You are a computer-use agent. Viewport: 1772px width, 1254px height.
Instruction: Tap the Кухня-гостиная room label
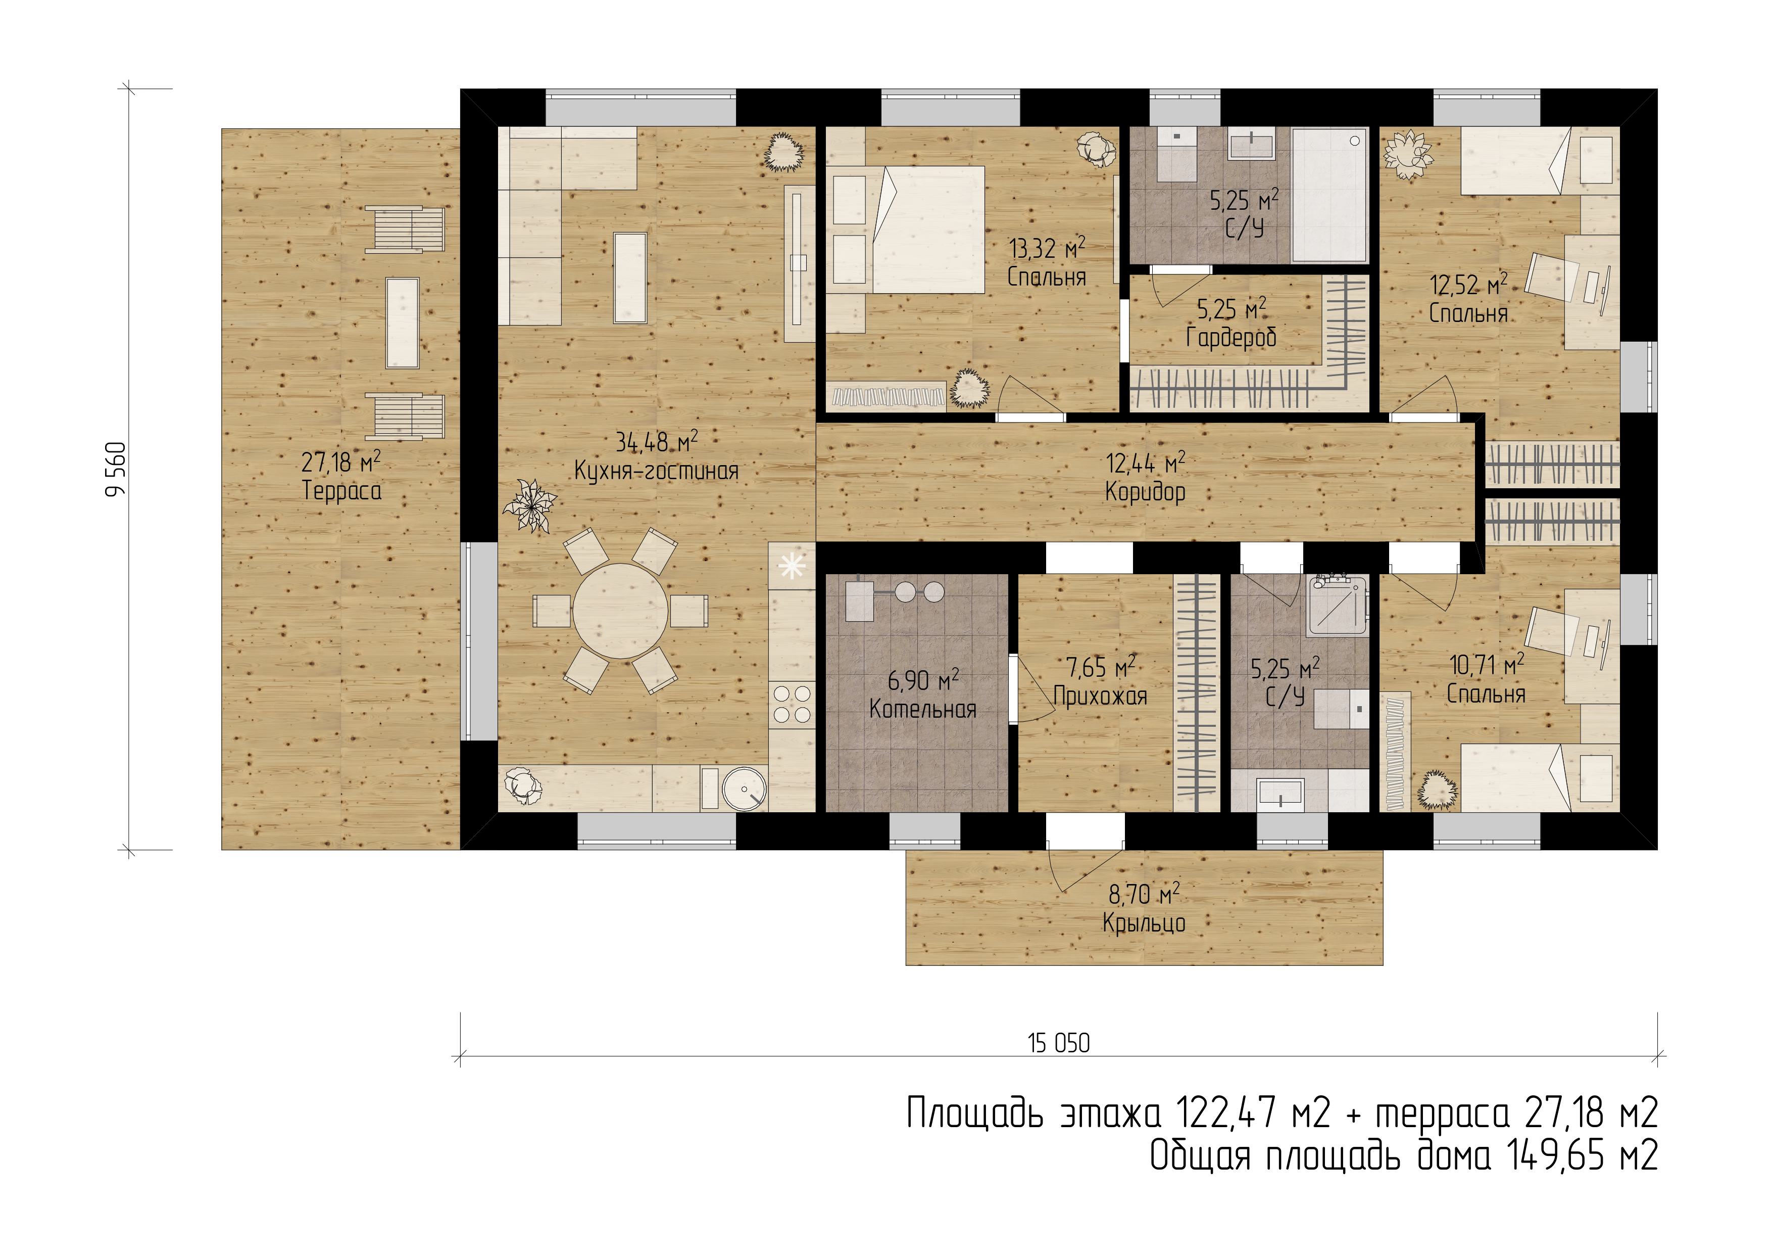(x=656, y=471)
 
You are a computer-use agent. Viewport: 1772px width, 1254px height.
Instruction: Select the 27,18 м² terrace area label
(x=340, y=462)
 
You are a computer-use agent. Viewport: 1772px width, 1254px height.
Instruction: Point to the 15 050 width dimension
(x=1059, y=1044)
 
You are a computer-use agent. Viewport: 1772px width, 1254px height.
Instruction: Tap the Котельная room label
(x=923, y=709)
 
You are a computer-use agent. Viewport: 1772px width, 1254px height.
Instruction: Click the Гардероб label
(x=1232, y=338)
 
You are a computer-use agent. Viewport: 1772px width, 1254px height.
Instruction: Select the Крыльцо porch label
(x=1144, y=923)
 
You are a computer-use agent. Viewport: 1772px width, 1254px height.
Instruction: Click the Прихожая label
(x=1101, y=696)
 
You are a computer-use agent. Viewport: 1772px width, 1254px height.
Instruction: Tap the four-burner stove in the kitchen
(x=792, y=704)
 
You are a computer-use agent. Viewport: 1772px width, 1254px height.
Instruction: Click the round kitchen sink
(x=746, y=789)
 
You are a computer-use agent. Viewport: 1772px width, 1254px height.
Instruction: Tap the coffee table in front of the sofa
(x=630, y=278)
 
